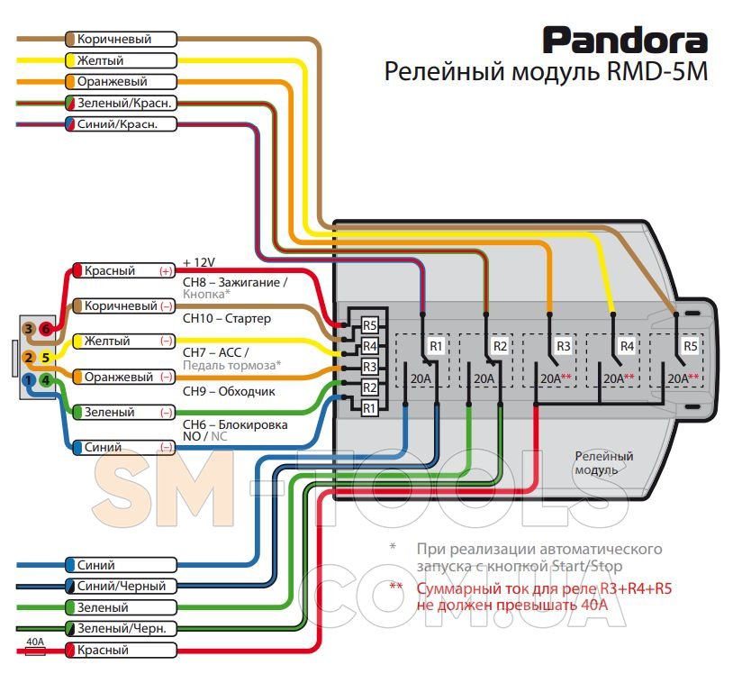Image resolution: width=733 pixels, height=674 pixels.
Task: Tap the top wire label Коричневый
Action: (121, 40)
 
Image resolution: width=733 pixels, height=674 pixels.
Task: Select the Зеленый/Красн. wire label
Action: (121, 104)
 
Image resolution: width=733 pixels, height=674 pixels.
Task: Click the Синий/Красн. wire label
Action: (121, 124)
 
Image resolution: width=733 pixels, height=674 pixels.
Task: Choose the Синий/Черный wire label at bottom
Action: (121, 586)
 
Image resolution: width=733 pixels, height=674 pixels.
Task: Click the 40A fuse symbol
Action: (35, 650)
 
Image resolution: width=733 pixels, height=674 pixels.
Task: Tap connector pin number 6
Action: (46, 330)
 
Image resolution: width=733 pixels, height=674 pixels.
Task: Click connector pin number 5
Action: (46, 358)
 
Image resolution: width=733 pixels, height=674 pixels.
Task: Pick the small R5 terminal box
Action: (369, 325)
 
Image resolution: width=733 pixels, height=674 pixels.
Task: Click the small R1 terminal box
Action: (369, 408)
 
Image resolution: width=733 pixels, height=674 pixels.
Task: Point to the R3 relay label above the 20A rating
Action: (564, 345)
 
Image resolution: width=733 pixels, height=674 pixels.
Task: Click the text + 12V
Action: (199, 262)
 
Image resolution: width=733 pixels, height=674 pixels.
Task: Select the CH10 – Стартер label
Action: (227, 318)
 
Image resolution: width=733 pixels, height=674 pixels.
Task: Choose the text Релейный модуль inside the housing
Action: (604, 463)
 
